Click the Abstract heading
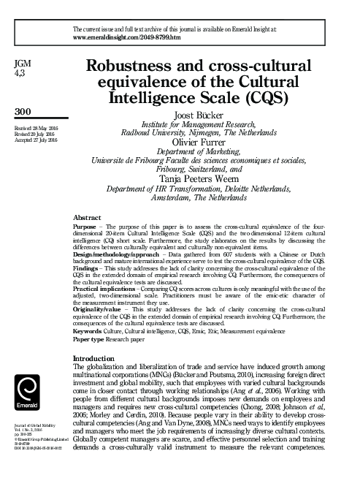(x=88, y=219)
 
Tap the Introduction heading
(x=95, y=358)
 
